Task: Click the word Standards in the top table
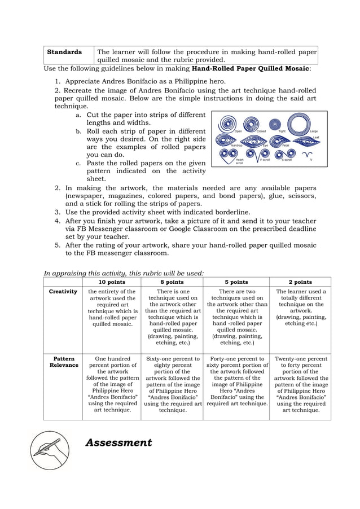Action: pos(64,52)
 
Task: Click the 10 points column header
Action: pos(111,282)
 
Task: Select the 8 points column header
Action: pos(172,282)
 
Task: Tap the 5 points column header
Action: pos(236,282)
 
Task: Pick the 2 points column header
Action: pos(300,282)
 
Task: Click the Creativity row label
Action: pos(63,292)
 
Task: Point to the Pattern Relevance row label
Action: pos(63,362)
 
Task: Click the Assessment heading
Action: pos(118,442)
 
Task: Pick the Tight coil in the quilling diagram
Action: pos(275,124)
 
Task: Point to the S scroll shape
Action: pos(285,153)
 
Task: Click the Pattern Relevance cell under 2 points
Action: pos(300,384)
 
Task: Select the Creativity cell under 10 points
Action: pos(111,308)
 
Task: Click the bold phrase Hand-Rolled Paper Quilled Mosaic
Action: pos(250,69)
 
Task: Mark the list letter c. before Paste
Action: pos(78,163)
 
